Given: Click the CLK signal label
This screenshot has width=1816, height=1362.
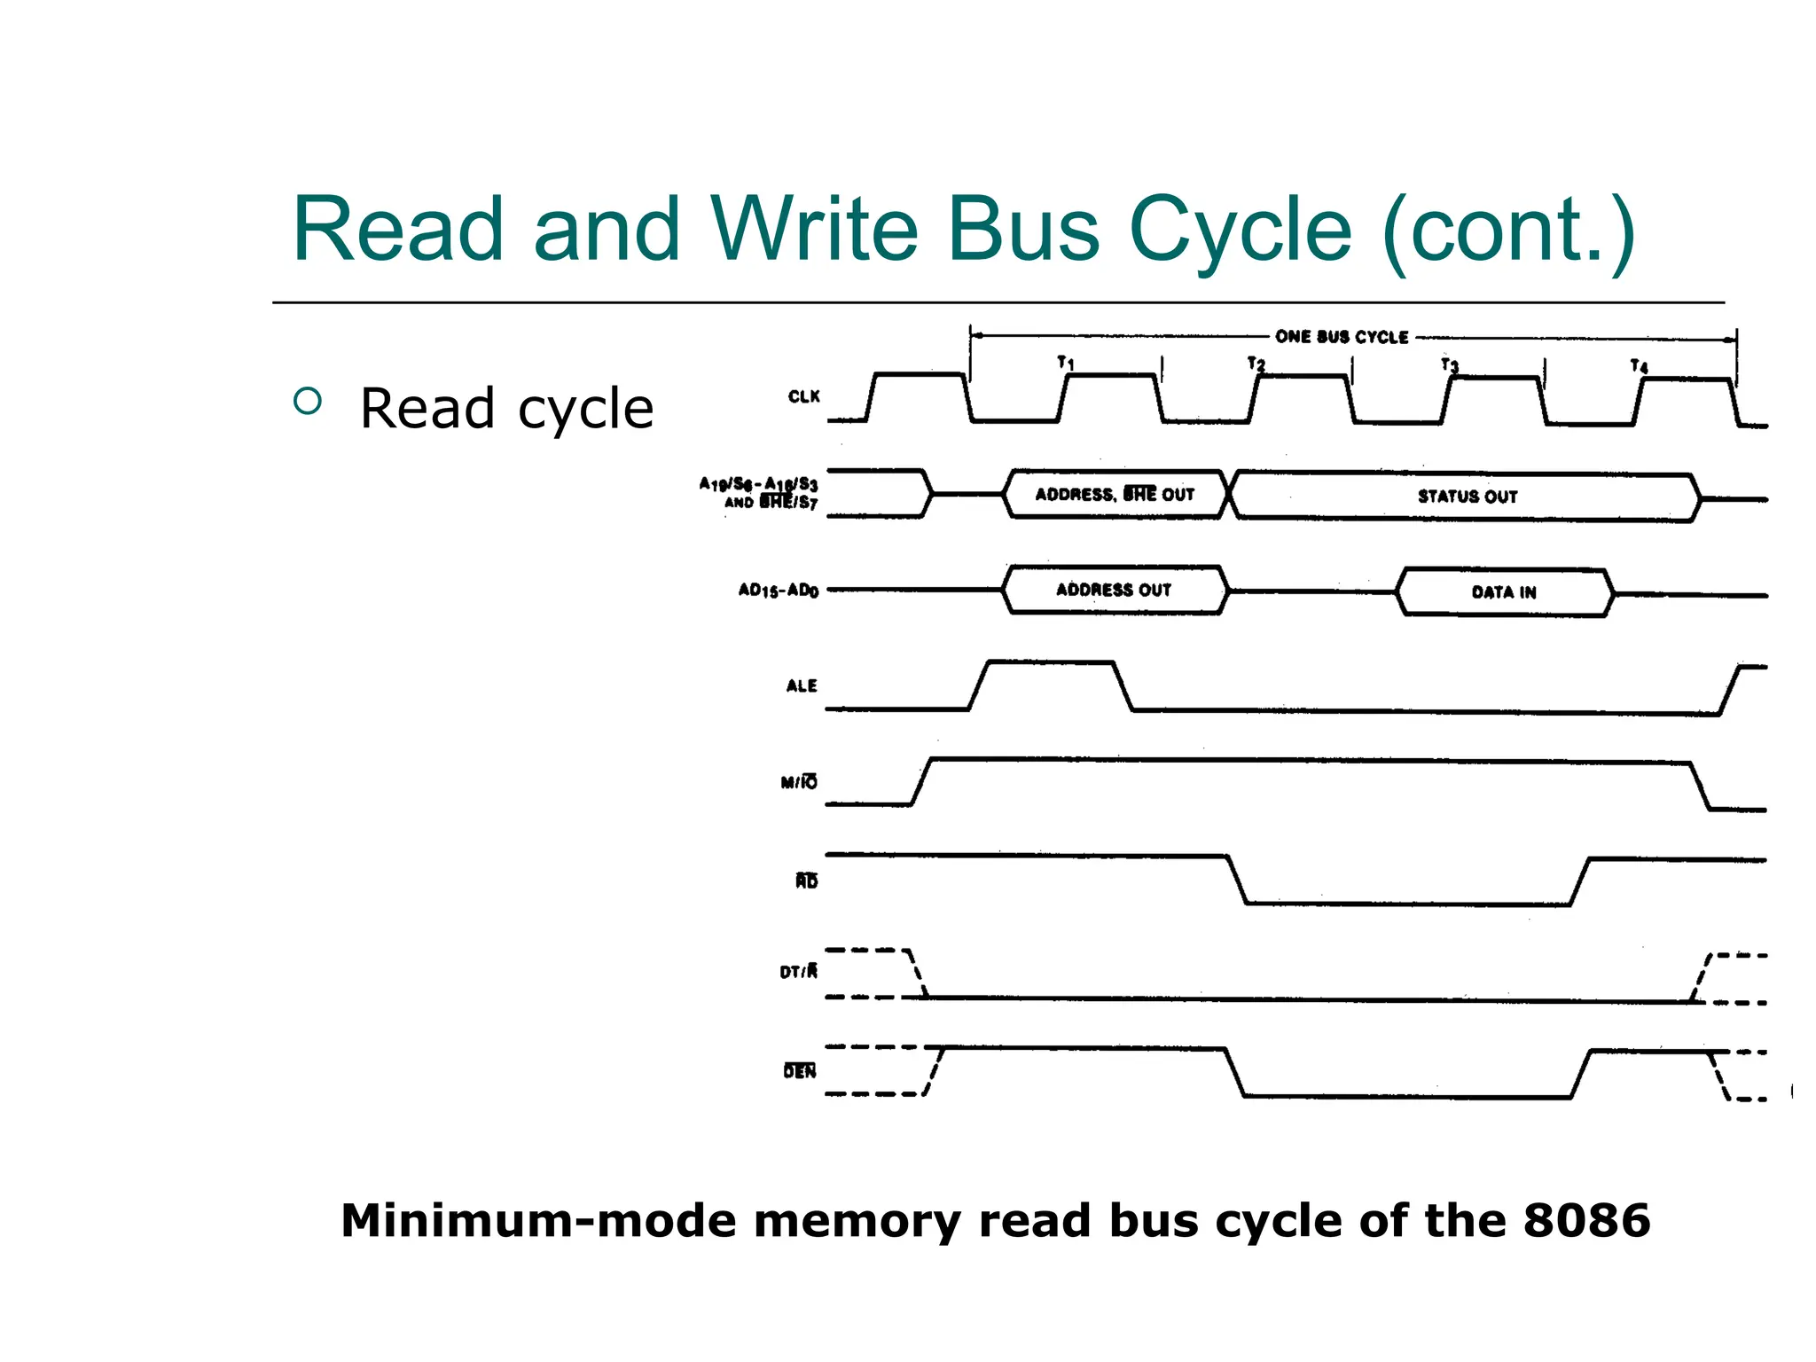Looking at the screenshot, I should pyautogui.click(x=803, y=396).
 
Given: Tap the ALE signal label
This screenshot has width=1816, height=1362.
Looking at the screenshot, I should pyautogui.click(x=802, y=685).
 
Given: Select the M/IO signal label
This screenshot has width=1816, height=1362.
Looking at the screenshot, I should pyautogui.click(x=799, y=782).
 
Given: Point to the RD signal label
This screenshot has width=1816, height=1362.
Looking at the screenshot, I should pyautogui.click(x=806, y=881).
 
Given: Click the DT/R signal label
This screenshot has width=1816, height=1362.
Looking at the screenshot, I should pyautogui.click(x=799, y=972).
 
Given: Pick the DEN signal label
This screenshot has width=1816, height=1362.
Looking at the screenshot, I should pyautogui.click(x=800, y=1071).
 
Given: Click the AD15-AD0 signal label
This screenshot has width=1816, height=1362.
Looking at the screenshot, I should pyautogui.click(x=779, y=590).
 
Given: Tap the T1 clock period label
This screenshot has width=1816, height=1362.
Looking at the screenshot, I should pyautogui.click(x=1066, y=363).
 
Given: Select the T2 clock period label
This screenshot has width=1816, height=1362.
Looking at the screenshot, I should pyautogui.click(x=1256, y=364).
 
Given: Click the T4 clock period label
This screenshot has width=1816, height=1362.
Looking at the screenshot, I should pyautogui.click(x=1640, y=365).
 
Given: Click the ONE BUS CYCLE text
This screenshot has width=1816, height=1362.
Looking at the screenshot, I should pyautogui.click(x=1342, y=337).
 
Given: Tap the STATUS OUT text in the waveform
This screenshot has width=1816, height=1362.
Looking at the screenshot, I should pyautogui.click(x=1468, y=497).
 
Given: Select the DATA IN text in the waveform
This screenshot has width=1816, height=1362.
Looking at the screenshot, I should pyautogui.click(x=1504, y=592).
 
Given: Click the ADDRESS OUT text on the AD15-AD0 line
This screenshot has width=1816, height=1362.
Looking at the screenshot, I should pyautogui.click(x=1114, y=590).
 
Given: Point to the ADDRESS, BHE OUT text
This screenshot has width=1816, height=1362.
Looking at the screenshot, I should pyautogui.click(x=1115, y=494).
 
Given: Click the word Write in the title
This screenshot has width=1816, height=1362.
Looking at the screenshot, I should pyautogui.click(x=813, y=230).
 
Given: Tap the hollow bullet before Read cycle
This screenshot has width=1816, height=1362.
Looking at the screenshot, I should pyautogui.click(x=307, y=402).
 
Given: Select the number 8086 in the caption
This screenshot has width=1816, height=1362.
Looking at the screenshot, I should pyautogui.click(x=1586, y=1221).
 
